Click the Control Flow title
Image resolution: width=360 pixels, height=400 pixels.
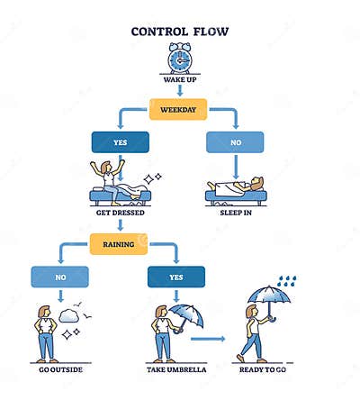click(180, 31)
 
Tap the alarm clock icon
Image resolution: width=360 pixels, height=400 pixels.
click(180, 59)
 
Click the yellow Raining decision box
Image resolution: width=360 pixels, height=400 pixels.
click(119, 242)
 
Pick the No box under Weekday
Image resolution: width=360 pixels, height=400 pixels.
click(236, 142)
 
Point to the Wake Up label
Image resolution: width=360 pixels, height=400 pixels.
click(180, 81)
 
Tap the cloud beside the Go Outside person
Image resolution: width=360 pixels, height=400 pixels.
click(69, 315)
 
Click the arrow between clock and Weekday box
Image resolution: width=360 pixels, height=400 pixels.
click(180, 91)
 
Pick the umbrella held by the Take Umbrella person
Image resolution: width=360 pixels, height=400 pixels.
click(186, 314)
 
